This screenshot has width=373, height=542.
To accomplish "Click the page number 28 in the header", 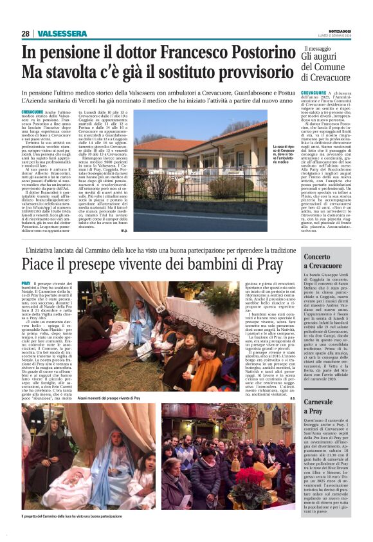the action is [25, 33].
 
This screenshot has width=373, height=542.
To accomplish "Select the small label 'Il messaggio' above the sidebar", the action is [317, 49].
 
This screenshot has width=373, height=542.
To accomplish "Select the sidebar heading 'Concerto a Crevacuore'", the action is [323, 261].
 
